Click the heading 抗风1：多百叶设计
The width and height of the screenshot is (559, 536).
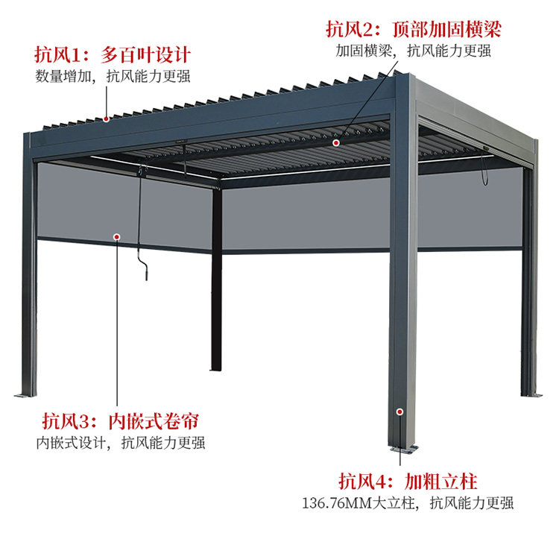[x=113, y=54]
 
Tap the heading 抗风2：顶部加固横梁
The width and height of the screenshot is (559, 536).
[x=413, y=29]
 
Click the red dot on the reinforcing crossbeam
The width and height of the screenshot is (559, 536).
[x=336, y=142]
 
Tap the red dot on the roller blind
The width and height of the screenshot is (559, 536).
[x=117, y=236]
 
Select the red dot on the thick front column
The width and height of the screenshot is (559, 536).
[x=400, y=411]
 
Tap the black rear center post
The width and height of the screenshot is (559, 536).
[x=216, y=298]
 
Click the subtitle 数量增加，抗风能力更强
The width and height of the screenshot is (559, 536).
[x=113, y=76]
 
